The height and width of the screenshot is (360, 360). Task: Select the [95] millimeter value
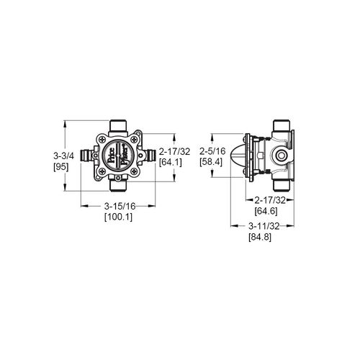[x=63, y=166]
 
